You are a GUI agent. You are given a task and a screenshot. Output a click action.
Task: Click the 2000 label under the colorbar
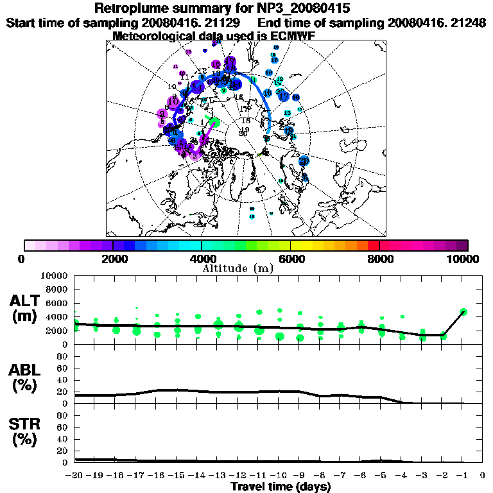pyautogui.click(x=113, y=259)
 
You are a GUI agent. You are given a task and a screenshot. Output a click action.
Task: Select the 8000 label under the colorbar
pyautogui.click(x=379, y=259)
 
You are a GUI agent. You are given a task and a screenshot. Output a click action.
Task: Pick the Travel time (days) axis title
pyautogui.click(x=281, y=487)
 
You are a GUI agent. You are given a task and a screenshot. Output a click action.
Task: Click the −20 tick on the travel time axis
pyautogui.click(x=74, y=476)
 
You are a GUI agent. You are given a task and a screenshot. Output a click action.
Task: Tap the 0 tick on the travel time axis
pyautogui.click(x=483, y=476)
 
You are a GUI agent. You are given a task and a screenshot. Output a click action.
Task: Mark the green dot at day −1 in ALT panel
pyautogui.click(x=463, y=312)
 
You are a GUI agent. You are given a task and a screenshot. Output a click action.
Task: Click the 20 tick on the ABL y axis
pyautogui.click(x=63, y=392)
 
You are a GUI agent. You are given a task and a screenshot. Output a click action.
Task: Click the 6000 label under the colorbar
pyautogui.click(x=290, y=259)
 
